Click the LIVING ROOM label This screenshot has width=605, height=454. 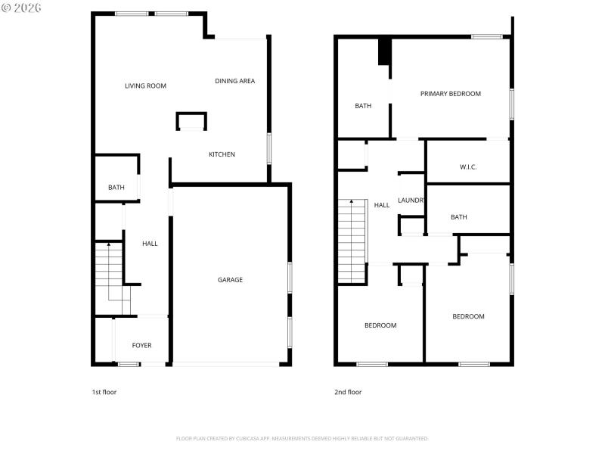click(x=145, y=86)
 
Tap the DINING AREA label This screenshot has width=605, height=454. click(x=234, y=81)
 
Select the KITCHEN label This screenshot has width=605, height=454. click(x=222, y=154)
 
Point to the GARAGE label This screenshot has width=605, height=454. click(x=230, y=280)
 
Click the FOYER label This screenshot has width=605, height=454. click(x=141, y=345)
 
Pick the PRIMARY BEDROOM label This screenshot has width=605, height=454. click(x=451, y=94)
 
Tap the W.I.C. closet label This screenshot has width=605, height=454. click(x=468, y=167)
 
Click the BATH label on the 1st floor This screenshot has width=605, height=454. click(x=116, y=188)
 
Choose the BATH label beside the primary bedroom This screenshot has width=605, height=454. click(x=363, y=106)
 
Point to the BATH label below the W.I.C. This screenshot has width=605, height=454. click(x=458, y=217)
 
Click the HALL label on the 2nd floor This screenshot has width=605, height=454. click(x=382, y=205)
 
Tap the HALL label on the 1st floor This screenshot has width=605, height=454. click(x=150, y=244)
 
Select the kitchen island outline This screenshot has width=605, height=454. click(x=191, y=121)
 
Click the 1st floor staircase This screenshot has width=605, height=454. click(x=108, y=272)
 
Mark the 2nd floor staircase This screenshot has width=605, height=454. click(x=352, y=240)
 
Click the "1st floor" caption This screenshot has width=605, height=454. click(x=104, y=392)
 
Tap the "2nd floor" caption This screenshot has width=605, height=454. click(x=348, y=392)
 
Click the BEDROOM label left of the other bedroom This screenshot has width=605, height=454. click(x=380, y=325)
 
